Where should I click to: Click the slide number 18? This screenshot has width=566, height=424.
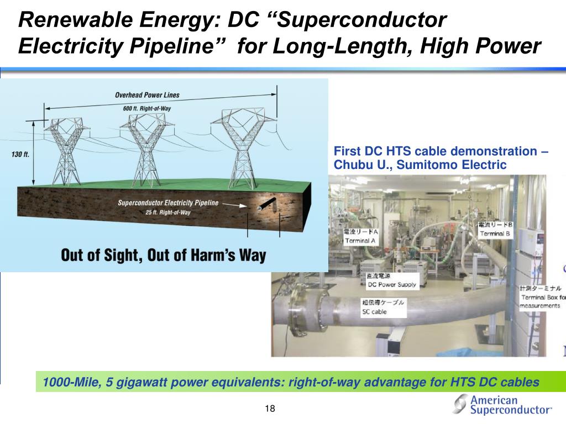[270, 409]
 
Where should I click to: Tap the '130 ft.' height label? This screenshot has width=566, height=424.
[20, 155]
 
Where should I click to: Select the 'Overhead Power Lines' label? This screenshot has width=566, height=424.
[147, 95]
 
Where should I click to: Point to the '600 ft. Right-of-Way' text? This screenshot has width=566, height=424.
[146, 108]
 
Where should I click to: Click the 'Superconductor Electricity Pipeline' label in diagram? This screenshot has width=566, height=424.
[168, 203]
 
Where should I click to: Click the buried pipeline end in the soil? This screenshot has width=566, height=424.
[261, 208]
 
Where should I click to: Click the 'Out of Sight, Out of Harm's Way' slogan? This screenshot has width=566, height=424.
[163, 256]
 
